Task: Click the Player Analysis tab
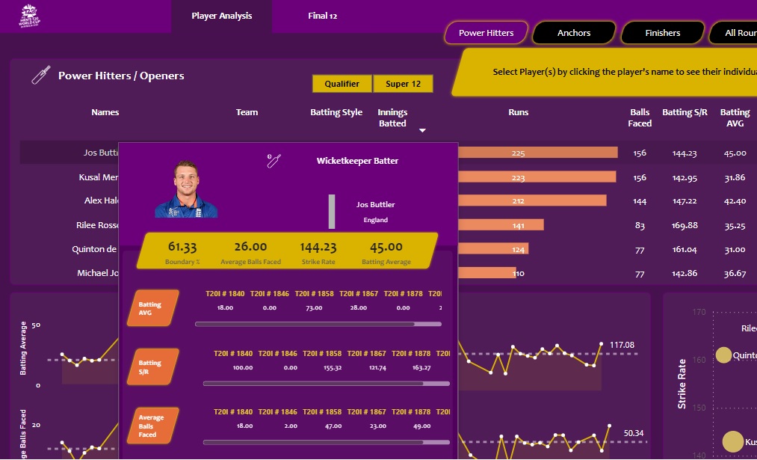[221, 16]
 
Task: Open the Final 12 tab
[322, 16]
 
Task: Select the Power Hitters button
[486, 33]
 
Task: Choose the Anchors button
[574, 33]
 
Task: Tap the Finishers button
[663, 33]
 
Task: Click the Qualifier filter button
[342, 84]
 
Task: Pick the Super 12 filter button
[403, 84]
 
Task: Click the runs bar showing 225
[538, 153]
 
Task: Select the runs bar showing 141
[501, 224]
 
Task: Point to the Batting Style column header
[336, 112]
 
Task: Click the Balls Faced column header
[640, 117]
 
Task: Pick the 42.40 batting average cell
[735, 201]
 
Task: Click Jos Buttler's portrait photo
[186, 190]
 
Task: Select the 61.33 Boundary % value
[183, 247]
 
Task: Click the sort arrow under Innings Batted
[422, 130]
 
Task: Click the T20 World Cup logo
[31, 16]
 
